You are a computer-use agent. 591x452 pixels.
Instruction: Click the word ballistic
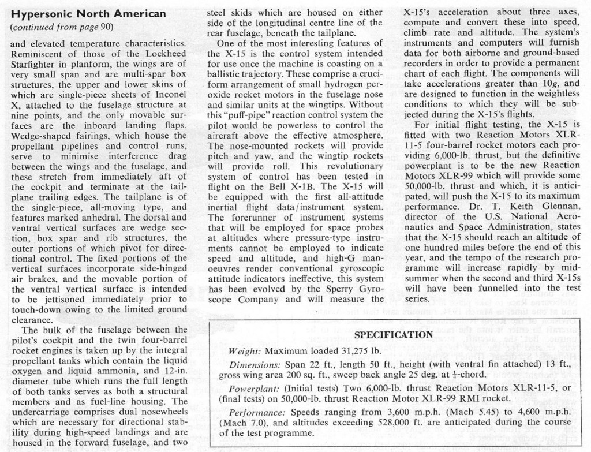[x=226, y=73]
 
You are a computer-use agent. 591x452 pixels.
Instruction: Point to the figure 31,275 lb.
[x=349, y=351]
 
